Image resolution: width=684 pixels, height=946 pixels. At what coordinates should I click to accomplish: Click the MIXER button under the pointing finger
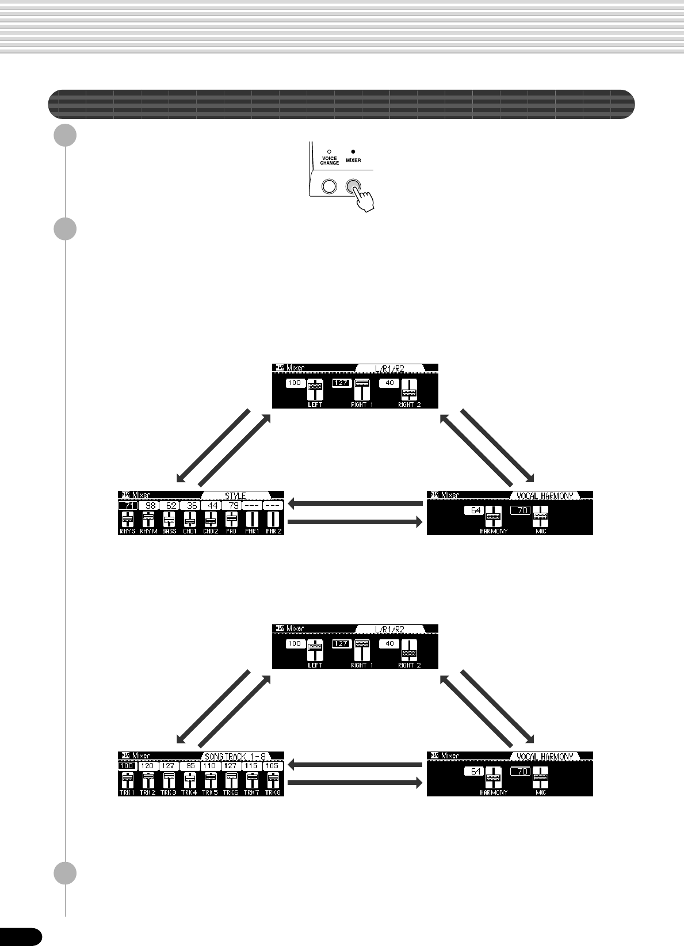353,186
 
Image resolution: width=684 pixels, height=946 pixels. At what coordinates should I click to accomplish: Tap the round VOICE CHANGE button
329,186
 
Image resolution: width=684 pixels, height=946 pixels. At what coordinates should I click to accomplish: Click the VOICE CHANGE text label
330,161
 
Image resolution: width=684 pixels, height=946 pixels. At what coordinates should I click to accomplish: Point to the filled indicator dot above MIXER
353,152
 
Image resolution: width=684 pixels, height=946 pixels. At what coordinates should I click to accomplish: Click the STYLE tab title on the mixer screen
235,495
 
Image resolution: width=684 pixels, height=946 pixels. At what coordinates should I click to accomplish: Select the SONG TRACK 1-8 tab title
235,756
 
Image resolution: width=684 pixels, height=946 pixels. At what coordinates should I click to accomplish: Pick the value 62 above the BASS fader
170,505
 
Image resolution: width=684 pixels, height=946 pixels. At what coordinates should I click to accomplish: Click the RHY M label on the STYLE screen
148,531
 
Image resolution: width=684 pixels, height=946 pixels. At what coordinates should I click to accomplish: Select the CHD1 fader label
190,531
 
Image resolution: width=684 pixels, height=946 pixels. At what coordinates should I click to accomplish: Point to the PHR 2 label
274,531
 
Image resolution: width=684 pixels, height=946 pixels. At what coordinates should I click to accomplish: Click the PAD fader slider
231,519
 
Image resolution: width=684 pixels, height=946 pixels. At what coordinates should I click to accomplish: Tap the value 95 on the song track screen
189,766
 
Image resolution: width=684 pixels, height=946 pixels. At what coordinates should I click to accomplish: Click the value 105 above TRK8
272,766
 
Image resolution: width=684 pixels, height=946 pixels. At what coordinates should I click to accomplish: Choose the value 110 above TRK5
210,766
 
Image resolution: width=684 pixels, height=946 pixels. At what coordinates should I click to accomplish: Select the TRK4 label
189,792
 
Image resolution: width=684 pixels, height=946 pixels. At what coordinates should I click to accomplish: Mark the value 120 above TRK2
148,766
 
